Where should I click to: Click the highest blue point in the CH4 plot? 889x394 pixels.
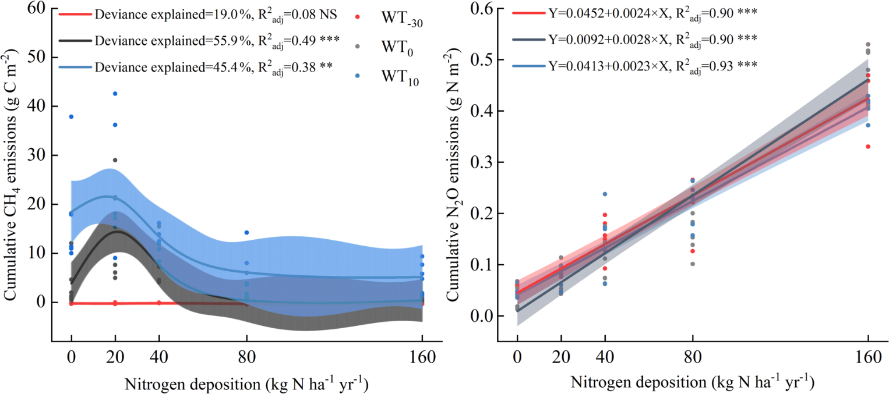pos(115,94)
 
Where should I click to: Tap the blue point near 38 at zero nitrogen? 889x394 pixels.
pos(71,116)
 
